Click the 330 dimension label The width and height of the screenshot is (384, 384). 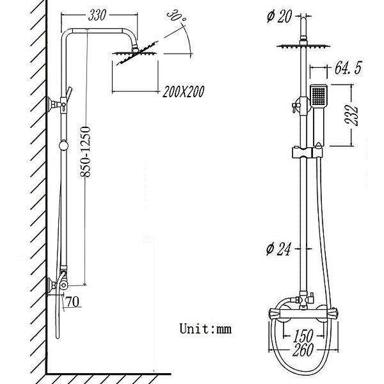coord(99,13)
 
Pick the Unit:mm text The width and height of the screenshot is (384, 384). coord(205,330)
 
